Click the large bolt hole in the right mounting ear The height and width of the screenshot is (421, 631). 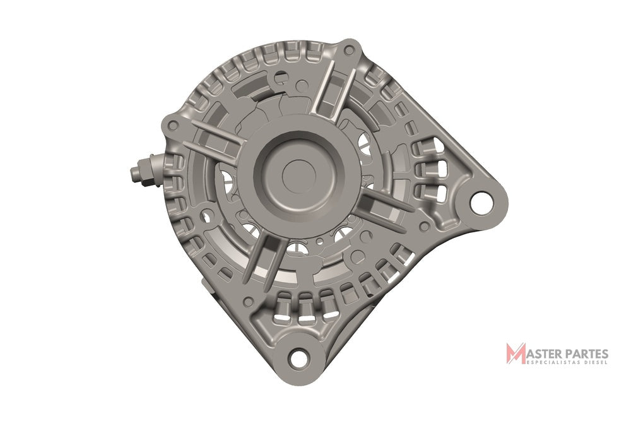[481, 203]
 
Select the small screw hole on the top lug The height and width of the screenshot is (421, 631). [350, 50]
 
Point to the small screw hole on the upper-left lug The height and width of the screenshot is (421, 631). [173, 125]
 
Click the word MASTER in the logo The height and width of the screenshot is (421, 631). [540, 354]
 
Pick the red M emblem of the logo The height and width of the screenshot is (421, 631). [516, 353]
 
